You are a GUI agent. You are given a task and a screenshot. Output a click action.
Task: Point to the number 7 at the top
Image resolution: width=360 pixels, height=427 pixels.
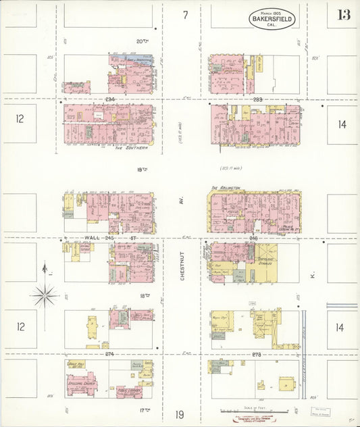click(185, 15)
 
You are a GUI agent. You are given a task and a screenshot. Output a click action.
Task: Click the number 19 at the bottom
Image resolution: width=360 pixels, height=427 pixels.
click(180, 415)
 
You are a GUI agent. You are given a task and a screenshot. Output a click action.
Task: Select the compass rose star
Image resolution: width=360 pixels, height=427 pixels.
click(45, 295)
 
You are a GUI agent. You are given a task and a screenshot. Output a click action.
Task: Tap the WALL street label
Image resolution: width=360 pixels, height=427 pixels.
click(93, 238)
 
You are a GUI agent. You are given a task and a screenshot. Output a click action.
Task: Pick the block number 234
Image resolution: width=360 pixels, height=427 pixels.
click(111, 99)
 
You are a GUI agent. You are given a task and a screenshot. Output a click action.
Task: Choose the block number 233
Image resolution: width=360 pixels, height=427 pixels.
click(257, 99)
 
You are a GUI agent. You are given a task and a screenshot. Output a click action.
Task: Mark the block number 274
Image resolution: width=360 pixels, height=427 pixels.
click(109, 353)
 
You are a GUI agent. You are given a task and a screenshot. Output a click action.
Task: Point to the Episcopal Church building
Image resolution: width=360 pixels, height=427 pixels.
click(81, 383)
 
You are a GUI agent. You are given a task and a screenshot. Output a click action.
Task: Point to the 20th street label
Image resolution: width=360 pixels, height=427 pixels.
click(142, 41)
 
